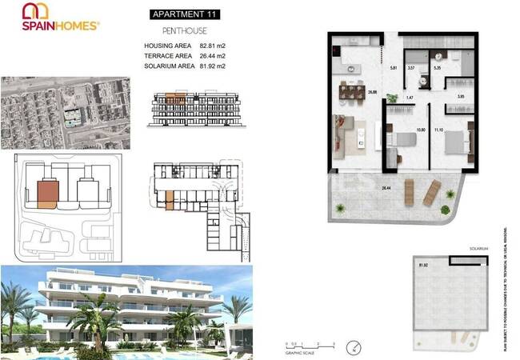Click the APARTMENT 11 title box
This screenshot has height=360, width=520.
[x=184, y=14]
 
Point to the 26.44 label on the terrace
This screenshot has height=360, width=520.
[x=386, y=187]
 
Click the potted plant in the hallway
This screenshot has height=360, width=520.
[x=392, y=98]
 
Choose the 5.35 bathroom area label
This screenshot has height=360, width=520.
[x=437, y=69]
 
